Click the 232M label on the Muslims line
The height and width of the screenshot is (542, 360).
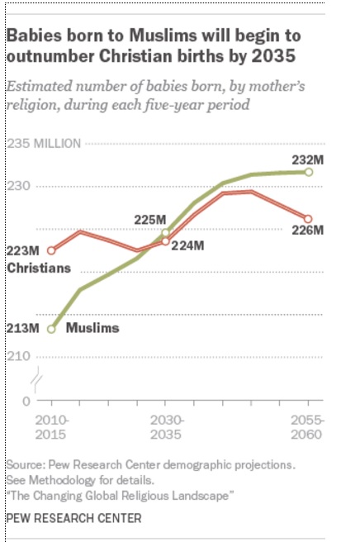click(x=309, y=159)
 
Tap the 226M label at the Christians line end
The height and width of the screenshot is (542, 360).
click(x=309, y=231)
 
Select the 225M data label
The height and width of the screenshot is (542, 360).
click(x=150, y=219)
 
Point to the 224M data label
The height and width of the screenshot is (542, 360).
click(x=187, y=245)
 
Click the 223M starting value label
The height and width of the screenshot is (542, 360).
click(x=22, y=250)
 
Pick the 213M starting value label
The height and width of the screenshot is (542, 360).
click(x=22, y=329)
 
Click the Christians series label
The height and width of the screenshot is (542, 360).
click(x=38, y=268)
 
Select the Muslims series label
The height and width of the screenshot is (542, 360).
click(x=92, y=328)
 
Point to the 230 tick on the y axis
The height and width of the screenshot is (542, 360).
click(x=19, y=187)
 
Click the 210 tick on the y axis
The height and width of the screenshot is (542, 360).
click(x=19, y=356)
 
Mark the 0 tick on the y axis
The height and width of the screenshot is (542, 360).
click(x=26, y=401)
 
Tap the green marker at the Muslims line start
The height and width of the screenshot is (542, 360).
click(x=51, y=329)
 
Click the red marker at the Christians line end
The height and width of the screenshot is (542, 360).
click(x=308, y=219)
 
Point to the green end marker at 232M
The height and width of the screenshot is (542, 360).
click(x=308, y=172)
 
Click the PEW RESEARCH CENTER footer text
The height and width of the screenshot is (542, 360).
click(x=73, y=518)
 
